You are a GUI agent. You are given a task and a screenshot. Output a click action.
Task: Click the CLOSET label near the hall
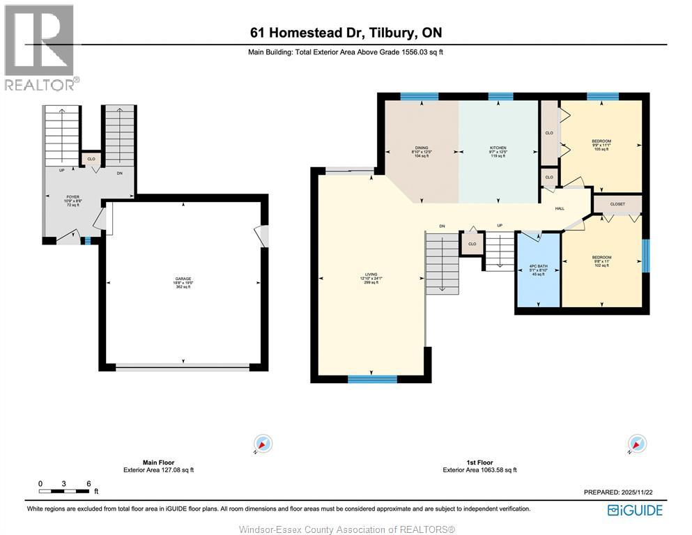[617, 204]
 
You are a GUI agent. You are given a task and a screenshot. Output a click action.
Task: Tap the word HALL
[559, 208]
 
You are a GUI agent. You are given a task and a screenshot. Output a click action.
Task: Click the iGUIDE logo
[635, 510]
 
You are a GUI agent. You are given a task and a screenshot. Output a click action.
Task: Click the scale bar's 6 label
[89, 483]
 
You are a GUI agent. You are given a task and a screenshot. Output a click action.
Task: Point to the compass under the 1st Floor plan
[636, 444]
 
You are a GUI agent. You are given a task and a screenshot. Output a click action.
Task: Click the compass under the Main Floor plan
[263, 444]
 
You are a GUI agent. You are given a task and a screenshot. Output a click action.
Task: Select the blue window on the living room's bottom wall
[372, 379]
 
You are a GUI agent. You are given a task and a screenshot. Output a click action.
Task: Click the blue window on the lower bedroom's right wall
[645, 255]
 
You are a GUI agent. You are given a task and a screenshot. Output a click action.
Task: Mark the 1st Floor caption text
[479, 463]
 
